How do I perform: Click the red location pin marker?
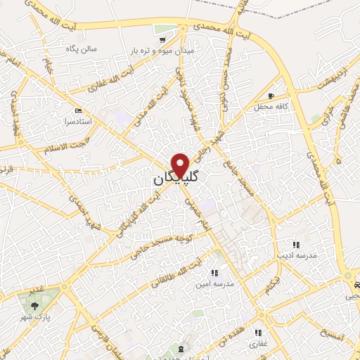click(x=181, y=165)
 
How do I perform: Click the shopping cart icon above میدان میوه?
click(x=164, y=30)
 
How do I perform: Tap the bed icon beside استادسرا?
click(x=78, y=111)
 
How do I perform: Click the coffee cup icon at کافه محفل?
click(x=271, y=95)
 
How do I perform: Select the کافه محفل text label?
click(x=271, y=105)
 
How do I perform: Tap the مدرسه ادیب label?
click(x=297, y=255)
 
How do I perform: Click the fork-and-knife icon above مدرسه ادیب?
click(x=296, y=244)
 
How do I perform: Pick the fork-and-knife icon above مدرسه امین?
click(x=214, y=273)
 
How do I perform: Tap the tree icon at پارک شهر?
click(x=35, y=304)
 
